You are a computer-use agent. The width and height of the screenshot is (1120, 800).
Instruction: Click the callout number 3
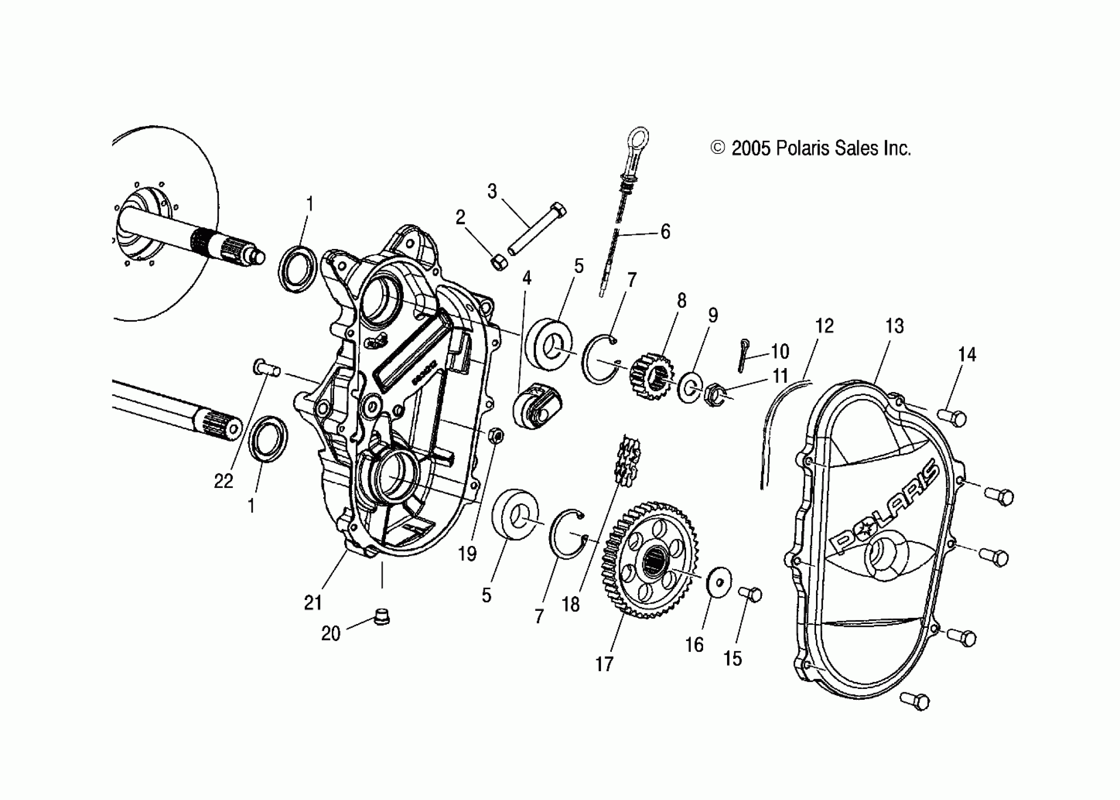492,191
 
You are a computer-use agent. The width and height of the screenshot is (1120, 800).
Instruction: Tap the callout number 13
895,326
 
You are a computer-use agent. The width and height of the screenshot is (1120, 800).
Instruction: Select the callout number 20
330,633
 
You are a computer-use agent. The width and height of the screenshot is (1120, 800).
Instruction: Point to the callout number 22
223,481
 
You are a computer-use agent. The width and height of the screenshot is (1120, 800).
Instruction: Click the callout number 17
604,664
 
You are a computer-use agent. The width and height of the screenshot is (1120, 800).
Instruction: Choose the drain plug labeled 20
382,616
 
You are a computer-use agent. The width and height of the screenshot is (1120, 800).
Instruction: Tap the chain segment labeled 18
627,459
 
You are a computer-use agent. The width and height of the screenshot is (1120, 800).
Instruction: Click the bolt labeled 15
751,594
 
